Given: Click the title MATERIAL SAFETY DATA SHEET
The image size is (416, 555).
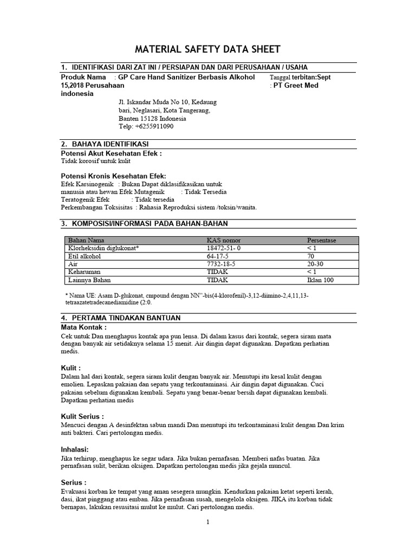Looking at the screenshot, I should [x=208, y=49].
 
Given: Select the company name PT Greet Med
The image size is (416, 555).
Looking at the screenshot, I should [x=296, y=85].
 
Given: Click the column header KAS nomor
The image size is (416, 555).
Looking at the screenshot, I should [x=224, y=240].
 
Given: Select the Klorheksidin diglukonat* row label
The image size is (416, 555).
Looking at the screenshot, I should [x=103, y=248].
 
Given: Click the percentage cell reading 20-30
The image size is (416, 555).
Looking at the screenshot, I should [x=316, y=264].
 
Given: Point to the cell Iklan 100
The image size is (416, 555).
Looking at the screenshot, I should [x=320, y=280].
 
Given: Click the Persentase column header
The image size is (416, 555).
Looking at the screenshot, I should [x=322, y=240].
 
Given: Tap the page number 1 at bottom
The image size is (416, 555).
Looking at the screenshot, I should [x=207, y=522].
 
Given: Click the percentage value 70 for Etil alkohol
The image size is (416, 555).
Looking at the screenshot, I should [x=311, y=256].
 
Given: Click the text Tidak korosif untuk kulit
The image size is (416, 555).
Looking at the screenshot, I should [x=95, y=161].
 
